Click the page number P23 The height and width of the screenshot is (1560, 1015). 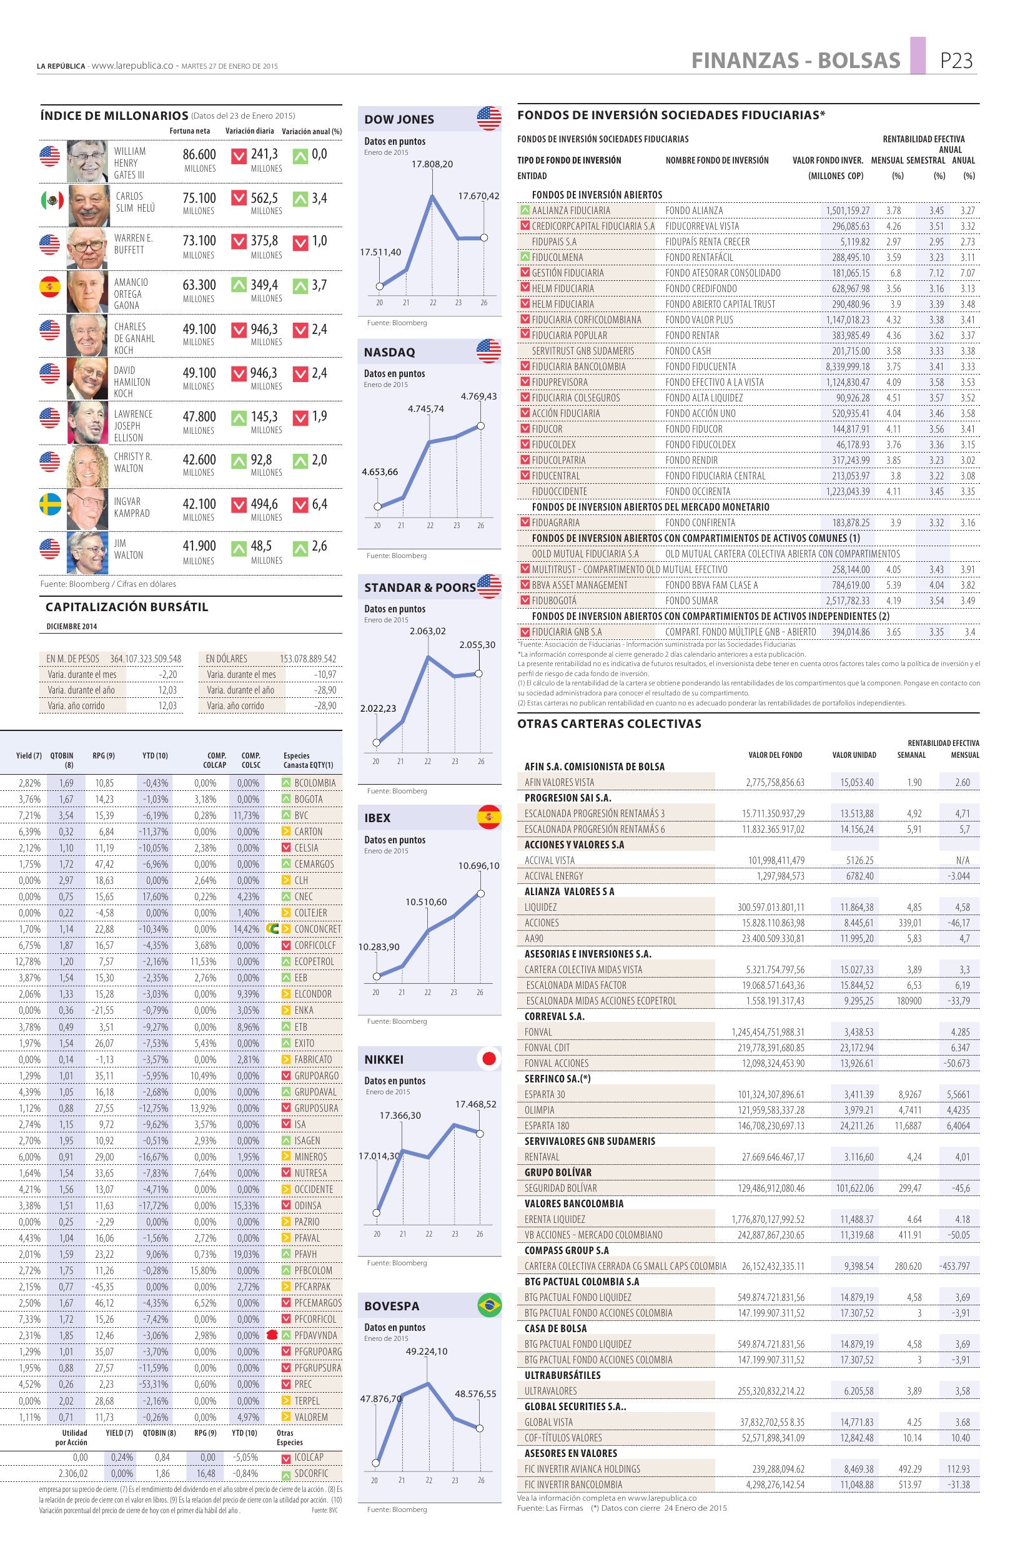pyautogui.click(x=956, y=61)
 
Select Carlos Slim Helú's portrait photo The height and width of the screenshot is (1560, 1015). pyautogui.click(x=87, y=205)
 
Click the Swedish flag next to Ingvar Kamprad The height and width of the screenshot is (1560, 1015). pyautogui.click(x=50, y=506)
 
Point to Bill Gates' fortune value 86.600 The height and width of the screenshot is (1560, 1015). pyautogui.click(x=199, y=155)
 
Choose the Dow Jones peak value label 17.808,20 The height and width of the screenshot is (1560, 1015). pyautogui.click(x=432, y=164)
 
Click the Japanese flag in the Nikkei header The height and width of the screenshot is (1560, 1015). pyautogui.click(x=489, y=1059)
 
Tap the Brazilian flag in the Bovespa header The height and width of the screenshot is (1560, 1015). pyautogui.click(x=489, y=1306)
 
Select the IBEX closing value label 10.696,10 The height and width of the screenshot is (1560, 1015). pyautogui.click(x=478, y=866)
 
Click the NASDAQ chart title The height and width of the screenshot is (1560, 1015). pyautogui.click(x=390, y=353)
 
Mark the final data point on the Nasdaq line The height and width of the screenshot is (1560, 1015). pyautogui.click(x=480, y=426)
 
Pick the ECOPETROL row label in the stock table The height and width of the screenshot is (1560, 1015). pyautogui.click(x=314, y=961)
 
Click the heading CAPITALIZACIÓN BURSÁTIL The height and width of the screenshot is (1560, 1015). pyautogui.click(x=127, y=607)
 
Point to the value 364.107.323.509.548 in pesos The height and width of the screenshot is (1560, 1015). pyautogui.click(x=146, y=659)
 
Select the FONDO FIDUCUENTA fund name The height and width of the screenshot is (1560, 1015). pyautogui.click(x=700, y=367)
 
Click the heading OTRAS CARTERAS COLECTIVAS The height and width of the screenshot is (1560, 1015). pyautogui.click(x=609, y=724)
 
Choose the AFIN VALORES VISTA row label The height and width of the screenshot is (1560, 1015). pyautogui.click(x=558, y=782)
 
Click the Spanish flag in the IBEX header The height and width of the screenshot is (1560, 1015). pyautogui.click(x=489, y=818)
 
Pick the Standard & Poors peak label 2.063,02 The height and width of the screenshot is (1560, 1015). pyautogui.click(x=427, y=631)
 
